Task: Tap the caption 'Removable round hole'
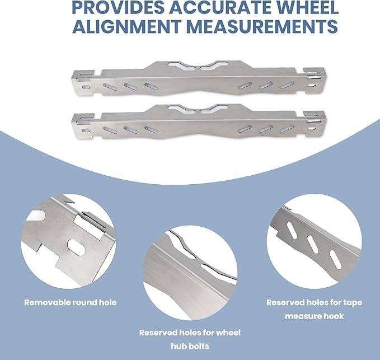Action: click(x=71, y=302)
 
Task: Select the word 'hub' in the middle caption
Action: click(x=179, y=346)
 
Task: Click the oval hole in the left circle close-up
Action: click(x=76, y=247)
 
